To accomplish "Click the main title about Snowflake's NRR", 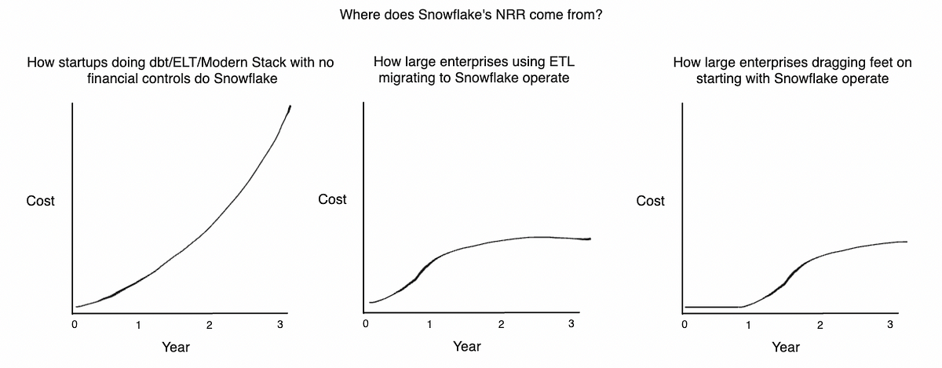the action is click(x=471, y=15).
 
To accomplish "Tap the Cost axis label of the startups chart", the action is click(x=40, y=201).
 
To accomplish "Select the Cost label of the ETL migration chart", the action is click(x=332, y=199).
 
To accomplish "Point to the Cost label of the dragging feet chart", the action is click(x=650, y=201).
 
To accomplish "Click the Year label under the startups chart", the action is click(x=176, y=347).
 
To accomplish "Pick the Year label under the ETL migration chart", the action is click(x=467, y=346).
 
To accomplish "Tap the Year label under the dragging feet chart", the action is click(x=786, y=347).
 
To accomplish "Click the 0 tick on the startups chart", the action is click(x=75, y=324).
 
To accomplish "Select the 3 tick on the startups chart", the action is click(x=280, y=324).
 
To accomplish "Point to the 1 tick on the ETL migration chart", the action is click(x=429, y=324).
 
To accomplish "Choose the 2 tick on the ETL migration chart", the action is click(x=501, y=324).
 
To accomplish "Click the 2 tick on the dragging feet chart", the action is click(x=820, y=325).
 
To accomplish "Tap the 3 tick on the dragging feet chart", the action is click(x=890, y=324).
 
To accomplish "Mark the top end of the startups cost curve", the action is click(x=290, y=106).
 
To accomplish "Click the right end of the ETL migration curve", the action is click(x=590, y=239).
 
